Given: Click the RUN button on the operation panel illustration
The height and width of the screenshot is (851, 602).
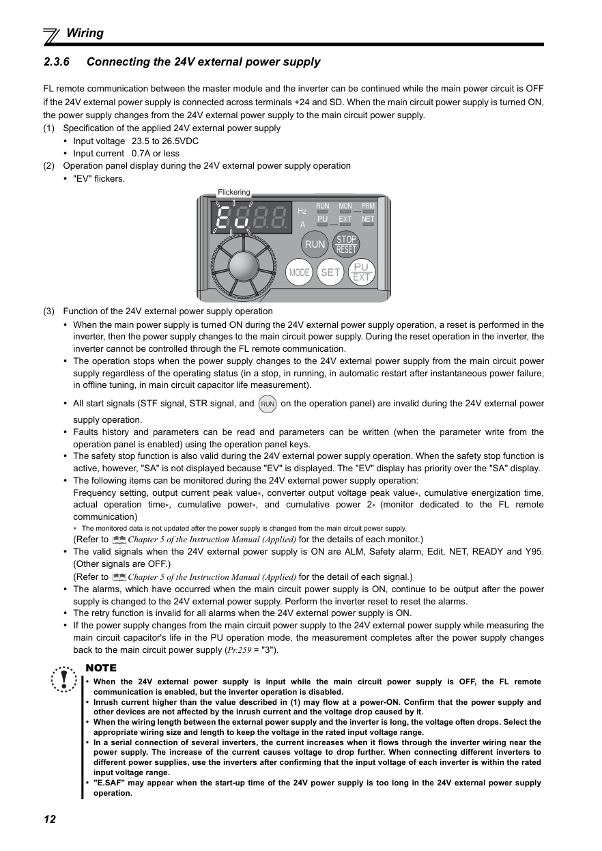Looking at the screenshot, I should tap(315, 245).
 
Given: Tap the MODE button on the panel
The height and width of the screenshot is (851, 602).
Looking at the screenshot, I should tap(299, 272).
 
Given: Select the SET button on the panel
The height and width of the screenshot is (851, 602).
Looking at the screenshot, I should tap(330, 272).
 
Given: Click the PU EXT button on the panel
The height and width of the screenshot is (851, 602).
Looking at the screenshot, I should tap(361, 272).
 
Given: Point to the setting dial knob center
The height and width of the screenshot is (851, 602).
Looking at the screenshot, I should tap(240, 264).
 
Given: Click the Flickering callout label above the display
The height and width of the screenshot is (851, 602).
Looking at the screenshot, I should tap(234, 192).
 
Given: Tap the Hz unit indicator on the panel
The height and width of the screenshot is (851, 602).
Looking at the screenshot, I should tap(302, 211).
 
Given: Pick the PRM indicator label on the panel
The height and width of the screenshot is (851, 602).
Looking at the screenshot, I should tap(368, 206).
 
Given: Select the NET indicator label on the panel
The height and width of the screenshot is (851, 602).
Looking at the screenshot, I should tap(368, 219).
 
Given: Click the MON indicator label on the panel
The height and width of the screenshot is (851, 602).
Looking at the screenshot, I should tap(345, 206).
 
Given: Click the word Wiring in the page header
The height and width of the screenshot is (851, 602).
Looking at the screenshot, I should tap(85, 33).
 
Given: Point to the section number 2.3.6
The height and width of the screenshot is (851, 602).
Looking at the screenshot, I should tap(57, 62).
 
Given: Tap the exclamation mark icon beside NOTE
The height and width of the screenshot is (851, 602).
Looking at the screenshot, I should tap(64, 678).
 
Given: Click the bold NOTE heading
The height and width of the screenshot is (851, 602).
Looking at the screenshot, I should tap(101, 668).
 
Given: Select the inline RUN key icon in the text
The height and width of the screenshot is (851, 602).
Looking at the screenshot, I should tap(268, 404).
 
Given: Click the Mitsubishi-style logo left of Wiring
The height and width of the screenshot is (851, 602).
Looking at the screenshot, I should tap(52, 35).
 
